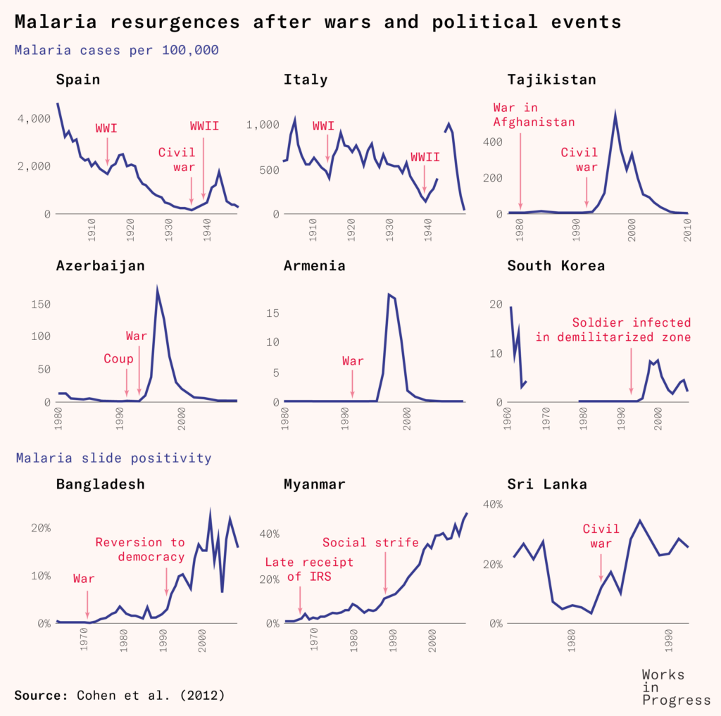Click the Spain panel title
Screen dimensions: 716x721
77,80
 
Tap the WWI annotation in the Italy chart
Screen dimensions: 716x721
323,126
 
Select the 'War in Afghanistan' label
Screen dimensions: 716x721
534,115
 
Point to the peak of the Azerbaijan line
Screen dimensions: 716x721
157,289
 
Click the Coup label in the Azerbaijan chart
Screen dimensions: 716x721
118,359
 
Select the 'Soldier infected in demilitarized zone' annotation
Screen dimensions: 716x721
631,329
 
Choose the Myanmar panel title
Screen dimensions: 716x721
313,484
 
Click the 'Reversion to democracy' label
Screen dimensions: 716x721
140,549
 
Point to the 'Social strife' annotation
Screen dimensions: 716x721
370,542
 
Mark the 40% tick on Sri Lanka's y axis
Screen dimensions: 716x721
491,504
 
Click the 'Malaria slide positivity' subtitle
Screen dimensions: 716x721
113,458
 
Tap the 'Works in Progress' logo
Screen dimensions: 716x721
676,687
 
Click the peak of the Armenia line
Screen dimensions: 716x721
389,294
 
